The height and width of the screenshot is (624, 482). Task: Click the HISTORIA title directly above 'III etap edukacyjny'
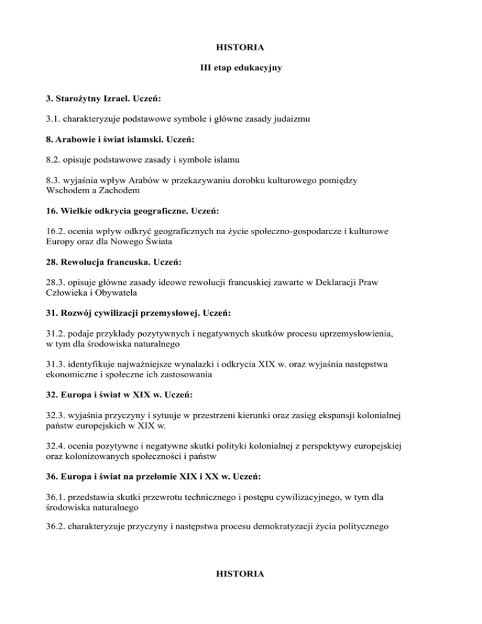[x=240, y=47]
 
